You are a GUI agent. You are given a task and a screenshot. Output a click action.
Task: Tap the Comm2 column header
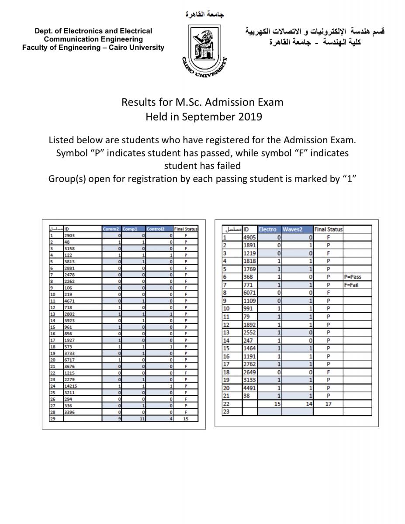click(111, 229)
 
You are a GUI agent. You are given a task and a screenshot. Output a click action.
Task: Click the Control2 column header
click(155, 229)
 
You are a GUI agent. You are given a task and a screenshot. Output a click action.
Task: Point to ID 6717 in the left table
click(69, 360)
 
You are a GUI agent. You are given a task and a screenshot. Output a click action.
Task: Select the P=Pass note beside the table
click(353, 277)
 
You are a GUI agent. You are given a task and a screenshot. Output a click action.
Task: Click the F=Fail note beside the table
click(351, 285)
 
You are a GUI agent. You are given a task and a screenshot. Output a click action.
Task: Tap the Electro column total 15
click(277, 404)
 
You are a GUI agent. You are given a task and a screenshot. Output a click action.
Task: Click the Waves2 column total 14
click(309, 404)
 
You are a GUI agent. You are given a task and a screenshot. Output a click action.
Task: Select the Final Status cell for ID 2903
click(186, 235)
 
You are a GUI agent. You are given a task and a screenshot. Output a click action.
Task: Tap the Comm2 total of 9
click(118, 418)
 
